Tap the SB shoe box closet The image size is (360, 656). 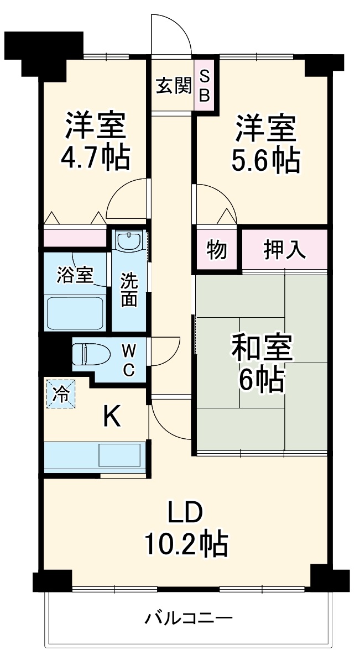(x=204, y=86)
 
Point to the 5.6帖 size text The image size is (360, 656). (x=265, y=160)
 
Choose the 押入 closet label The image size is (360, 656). (x=284, y=250)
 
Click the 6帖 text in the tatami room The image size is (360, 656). (x=262, y=380)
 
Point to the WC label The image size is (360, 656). (x=128, y=359)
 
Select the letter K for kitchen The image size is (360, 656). (x=112, y=417)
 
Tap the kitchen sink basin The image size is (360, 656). (x=119, y=455)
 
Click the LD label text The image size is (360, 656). (x=186, y=513)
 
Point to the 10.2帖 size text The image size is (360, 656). (x=186, y=544)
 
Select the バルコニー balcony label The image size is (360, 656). (x=189, y=617)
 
